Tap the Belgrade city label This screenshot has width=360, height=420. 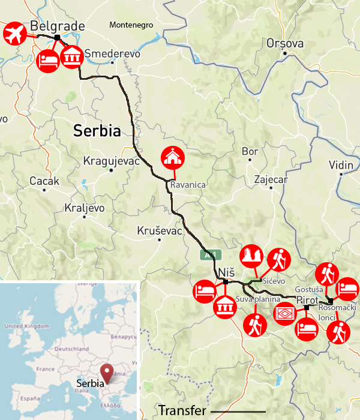pos(57,26)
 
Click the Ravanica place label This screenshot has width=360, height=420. pos(188,185)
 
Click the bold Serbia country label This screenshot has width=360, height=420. pos(97,131)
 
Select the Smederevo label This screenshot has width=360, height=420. pos(113,53)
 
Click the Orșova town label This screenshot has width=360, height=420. pos(285,43)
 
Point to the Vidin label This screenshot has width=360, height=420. pos(341,165)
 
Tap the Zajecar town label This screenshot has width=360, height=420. pos(271,179)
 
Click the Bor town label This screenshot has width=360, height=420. pos(250,152)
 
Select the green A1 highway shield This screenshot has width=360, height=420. pos(207,255)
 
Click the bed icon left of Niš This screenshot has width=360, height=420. pos(203,292)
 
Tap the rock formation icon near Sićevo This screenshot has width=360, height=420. pos(251,256)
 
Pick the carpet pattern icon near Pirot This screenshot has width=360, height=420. pos(284,313)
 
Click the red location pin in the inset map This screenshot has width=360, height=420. pos(107,372)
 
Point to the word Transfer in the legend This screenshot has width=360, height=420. pos(182,410)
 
